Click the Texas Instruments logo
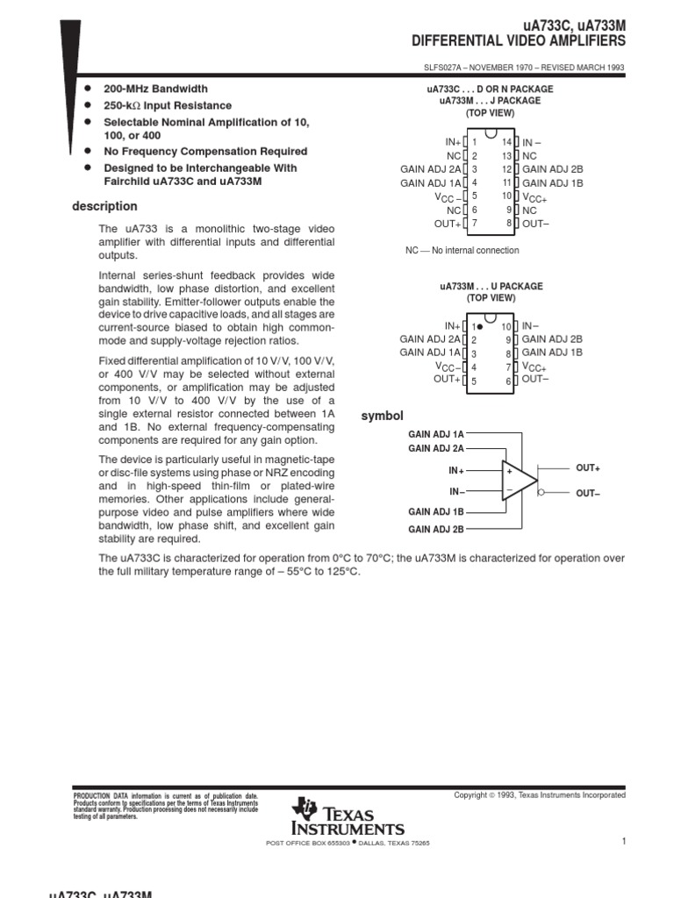[x=349, y=817]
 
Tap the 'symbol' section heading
[x=382, y=416]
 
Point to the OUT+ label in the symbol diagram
[x=588, y=468]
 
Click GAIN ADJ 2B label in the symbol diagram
[x=435, y=530]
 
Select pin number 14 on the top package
[x=506, y=142]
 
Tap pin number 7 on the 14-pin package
[x=474, y=224]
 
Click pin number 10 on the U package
[x=506, y=326]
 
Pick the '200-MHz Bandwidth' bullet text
[x=155, y=89]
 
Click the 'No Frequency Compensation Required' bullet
[x=205, y=152]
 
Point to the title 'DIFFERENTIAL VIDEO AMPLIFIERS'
[x=519, y=40]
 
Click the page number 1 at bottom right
[x=622, y=842]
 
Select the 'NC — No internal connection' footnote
[x=462, y=251]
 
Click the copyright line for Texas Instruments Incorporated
[x=540, y=795]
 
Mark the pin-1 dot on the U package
[x=481, y=326]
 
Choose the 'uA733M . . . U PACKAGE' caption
[x=491, y=287]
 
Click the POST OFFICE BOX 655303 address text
[x=307, y=844]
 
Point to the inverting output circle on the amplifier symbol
[x=541, y=493]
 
